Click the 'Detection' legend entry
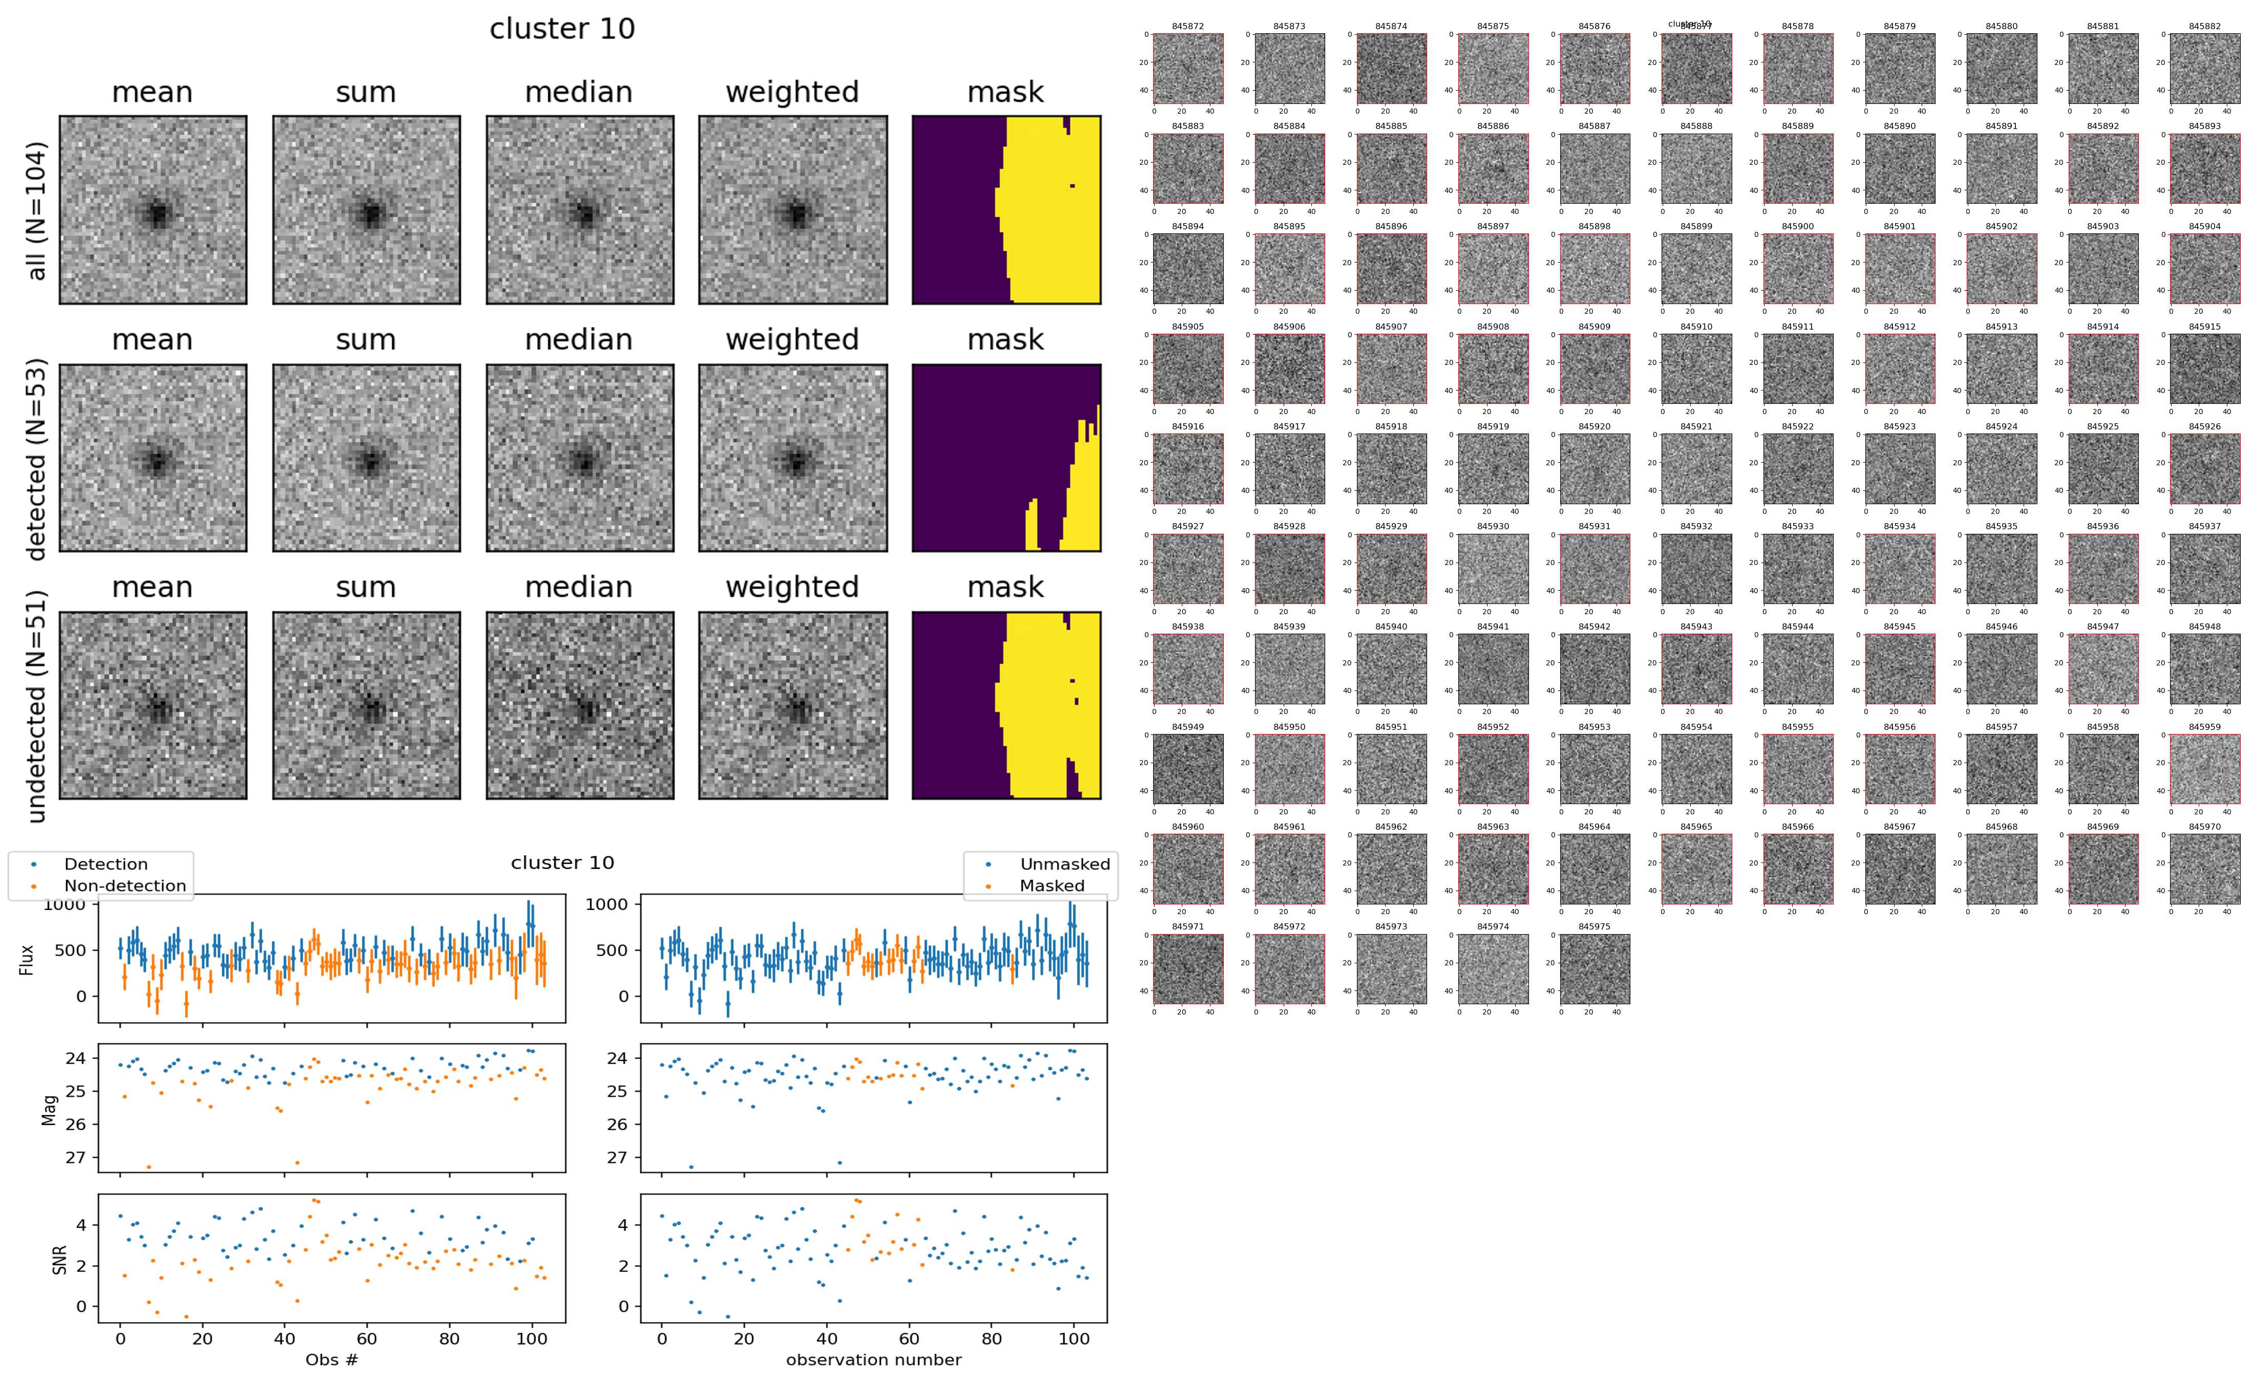(x=105, y=864)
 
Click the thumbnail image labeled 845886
(x=1492, y=168)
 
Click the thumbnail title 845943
(x=1695, y=627)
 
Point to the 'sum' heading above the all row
(x=366, y=93)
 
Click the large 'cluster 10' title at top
(x=562, y=29)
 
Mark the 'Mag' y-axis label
(x=50, y=1109)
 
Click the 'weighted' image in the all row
(x=793, y=210)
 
